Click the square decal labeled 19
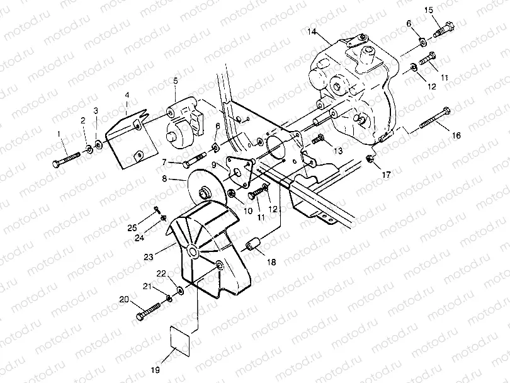[x=181, y=340]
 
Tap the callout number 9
[x=214, y=164]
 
